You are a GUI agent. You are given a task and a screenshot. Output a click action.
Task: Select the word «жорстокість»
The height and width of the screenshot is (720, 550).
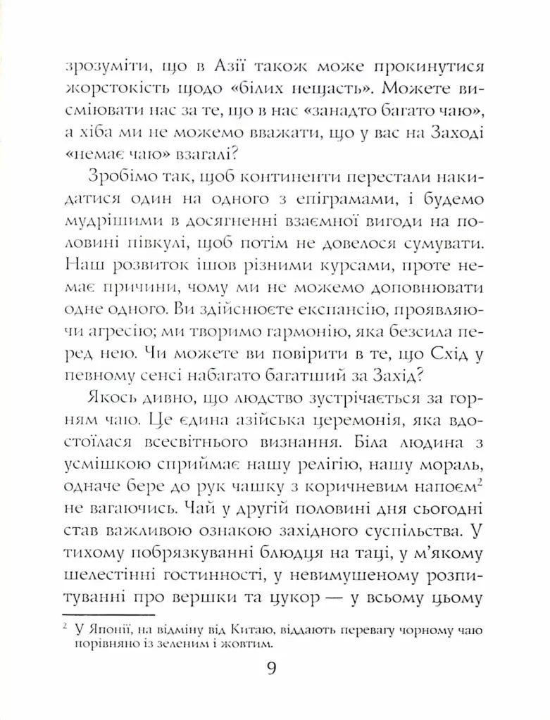point(117,92)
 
